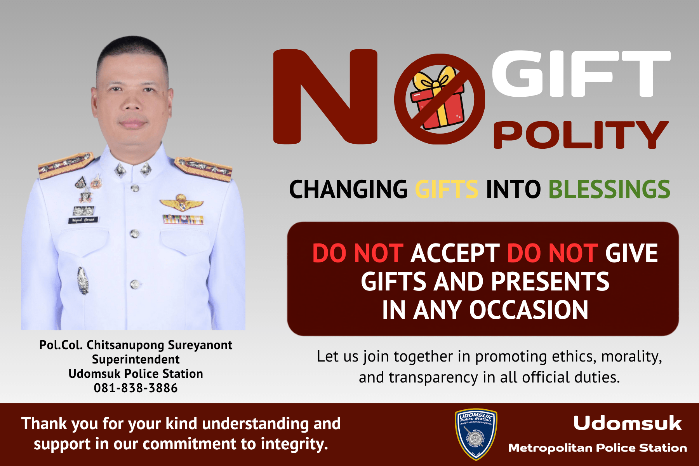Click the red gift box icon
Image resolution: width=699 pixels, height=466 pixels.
click(437, 98)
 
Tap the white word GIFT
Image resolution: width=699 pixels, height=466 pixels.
click(581, 74)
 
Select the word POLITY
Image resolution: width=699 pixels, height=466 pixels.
click(581, 134)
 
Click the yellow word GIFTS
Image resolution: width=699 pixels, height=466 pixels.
click(447, 189)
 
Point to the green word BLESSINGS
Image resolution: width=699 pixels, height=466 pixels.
click(609, 189)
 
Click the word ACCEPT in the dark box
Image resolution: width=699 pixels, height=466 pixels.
click(455, 253)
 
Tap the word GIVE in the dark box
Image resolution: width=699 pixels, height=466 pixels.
click(631, 253)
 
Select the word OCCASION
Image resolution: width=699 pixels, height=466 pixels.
click(529, 310)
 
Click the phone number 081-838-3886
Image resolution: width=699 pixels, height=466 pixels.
click(136, 388)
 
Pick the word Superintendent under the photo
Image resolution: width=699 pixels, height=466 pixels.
click(136, 359)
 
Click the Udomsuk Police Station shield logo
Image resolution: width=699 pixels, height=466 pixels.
click(476, 434)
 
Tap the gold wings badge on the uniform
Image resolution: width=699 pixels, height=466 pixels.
click(181, 203)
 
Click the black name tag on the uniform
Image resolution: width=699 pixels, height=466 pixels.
click(83, 220)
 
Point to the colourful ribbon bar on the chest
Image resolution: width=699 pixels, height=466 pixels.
click(183, 219)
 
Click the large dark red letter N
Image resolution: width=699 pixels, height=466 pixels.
click(325, 96)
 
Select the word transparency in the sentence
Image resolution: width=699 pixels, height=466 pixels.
click(433, 377)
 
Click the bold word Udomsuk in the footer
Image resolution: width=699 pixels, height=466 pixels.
click(627, 423)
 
